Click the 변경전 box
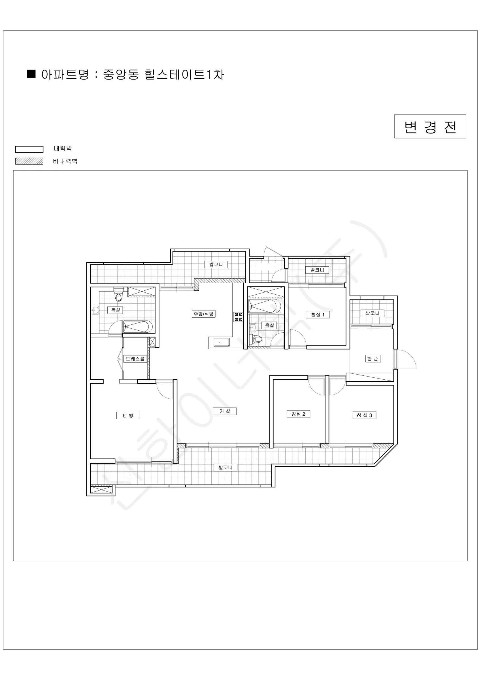(x=430, y=126)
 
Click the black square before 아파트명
(x=31, y=74)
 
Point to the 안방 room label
(x=128, y=416)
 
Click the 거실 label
(x=225, y=411)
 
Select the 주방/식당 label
(x=203, y=314)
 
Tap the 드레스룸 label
(x=135, y=359)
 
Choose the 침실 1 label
(x=318, y=314)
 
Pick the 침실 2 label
(x=299, y=414)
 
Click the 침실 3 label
(x=365, y=415)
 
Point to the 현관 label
(x=373, y=359)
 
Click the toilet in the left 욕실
(x=118, y=294)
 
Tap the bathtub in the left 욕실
(x=138, y=327)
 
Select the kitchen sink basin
(x=220, y=342)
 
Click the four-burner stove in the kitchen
(x=239, y=316)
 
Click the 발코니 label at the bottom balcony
(x=226, y=467)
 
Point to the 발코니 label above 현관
(x=373, y=313)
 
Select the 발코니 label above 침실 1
(x=317, y=270)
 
